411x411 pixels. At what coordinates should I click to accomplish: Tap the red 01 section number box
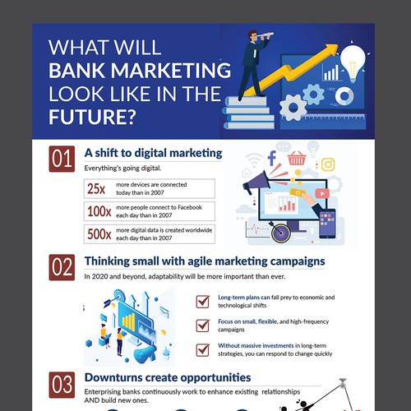click(62, 159)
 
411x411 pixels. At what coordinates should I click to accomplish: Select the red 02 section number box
click(62, 269)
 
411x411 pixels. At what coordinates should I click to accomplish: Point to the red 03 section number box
click(62, 386)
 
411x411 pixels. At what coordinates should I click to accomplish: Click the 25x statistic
click(96, 188)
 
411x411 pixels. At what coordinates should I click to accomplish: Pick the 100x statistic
click(97, 210)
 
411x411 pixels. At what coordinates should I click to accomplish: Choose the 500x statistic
click(97, 233)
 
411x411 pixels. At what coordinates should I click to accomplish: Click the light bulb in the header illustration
click(353, 60)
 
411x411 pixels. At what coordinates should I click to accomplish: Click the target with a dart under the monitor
click(283, 234)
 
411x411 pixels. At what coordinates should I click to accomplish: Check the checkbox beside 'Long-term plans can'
click(202, 301)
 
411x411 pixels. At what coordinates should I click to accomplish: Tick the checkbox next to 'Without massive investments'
click(202, 349)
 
